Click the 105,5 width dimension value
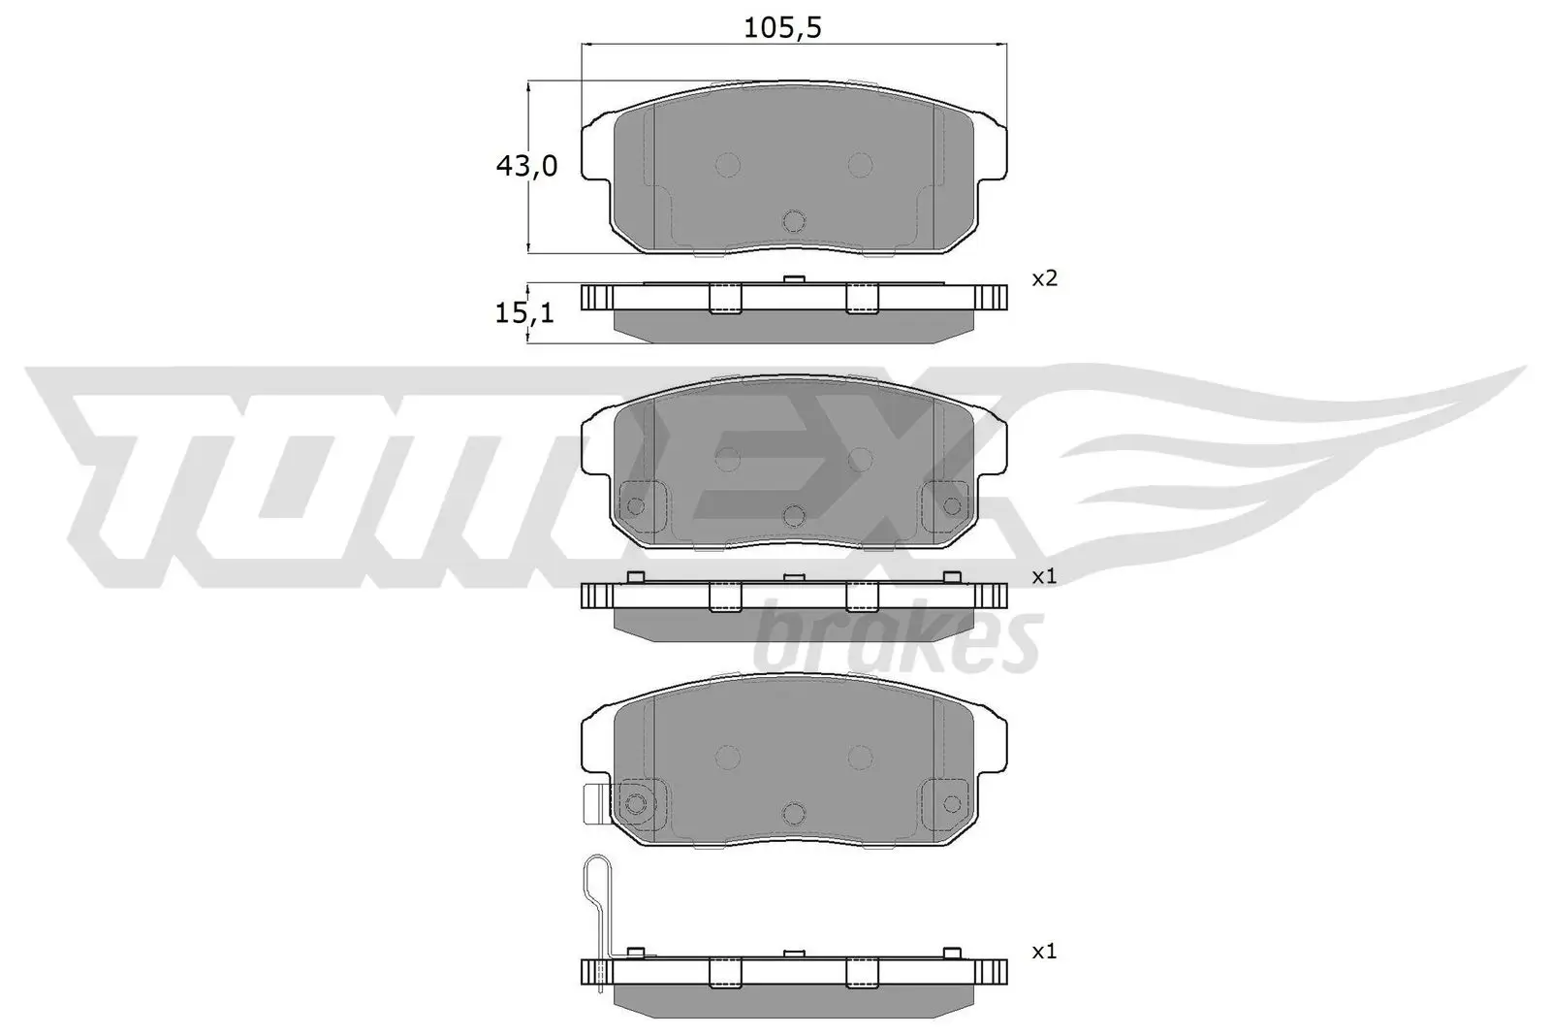pos(782,28)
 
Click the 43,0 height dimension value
pos(526,167)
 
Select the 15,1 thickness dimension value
pos(524,312)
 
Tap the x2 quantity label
pos(1044,278)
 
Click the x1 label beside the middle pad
pos(1044,576)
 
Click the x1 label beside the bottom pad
pos(1044,952)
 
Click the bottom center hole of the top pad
pos(794,221)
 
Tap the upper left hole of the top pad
pos(727,164)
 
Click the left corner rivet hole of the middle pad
pos(637,505)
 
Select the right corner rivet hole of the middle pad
pos(951,505)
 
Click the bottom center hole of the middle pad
pos(794,515)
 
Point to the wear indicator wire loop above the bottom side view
pos(595,878)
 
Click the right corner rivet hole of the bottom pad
pos(951,803)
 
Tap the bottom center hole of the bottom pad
pos(794,813)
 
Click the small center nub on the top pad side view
pos(794,279)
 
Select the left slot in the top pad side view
pos(725,298)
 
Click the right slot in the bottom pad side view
pos(862,973)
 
